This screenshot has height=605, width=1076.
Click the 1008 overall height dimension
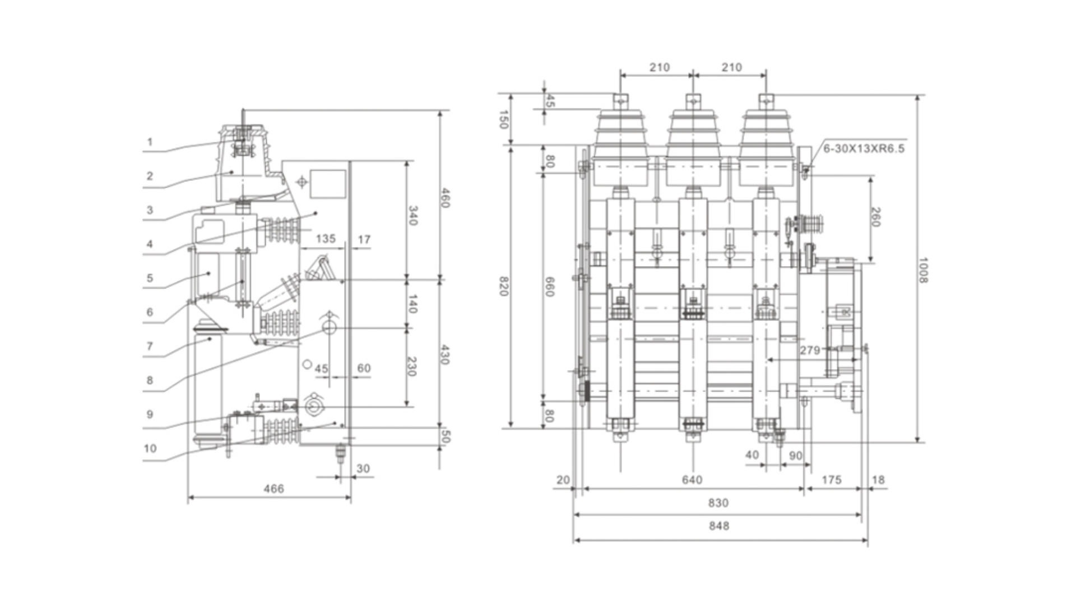(922, 270)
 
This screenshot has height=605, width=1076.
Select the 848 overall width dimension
(718, 526)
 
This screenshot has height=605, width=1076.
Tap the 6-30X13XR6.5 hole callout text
(864, 148)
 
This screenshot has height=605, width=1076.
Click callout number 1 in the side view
(150, 142)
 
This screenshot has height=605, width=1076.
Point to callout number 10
(150, 448)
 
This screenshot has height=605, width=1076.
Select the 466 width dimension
(273, 488)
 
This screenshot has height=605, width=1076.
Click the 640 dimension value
(692, 480)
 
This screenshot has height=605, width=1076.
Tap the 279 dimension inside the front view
(810, 350)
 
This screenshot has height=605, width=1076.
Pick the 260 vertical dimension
(876, 217)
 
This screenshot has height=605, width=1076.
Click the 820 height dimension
(503, 286)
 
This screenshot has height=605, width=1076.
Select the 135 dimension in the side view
(325, 239)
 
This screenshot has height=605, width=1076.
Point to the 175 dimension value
(831, 480)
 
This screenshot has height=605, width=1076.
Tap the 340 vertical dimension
(412, 216)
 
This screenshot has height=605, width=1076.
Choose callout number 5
(150, 278)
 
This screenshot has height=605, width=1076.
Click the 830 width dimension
(718, 502)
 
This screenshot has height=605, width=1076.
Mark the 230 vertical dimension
(411, 366)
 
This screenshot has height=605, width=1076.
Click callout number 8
(150, 380)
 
